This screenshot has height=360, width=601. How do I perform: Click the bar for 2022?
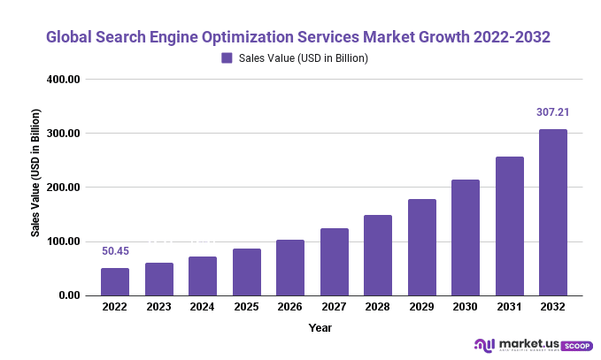click(115, 281)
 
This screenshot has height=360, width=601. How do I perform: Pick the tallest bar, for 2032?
click(553, 212)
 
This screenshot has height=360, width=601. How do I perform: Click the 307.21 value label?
click(552, 112)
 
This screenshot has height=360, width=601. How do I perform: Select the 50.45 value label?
click(115, 251)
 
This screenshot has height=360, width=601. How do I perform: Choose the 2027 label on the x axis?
click(334, 308)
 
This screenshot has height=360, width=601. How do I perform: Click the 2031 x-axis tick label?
click(509, 308)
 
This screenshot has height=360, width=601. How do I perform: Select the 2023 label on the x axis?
click(159, 308)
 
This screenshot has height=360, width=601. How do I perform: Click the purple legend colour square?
click(227, 58)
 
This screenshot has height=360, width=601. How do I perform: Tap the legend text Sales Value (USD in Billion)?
click(304, 58)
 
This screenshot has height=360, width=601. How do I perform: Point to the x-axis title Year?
click(320, 327)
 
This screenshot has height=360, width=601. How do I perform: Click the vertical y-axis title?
click(36, 173)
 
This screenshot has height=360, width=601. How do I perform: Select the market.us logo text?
click(529, 343)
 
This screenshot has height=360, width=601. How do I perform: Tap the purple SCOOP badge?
click(577, 346)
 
